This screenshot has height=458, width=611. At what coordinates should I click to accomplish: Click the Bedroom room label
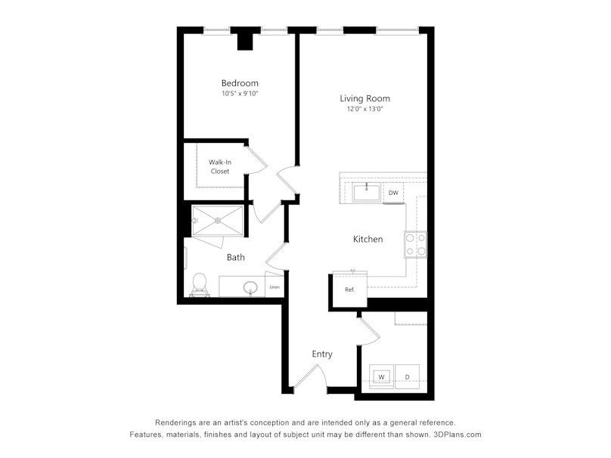[240, 83]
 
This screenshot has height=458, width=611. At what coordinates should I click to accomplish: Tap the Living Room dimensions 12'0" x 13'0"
[365, 109]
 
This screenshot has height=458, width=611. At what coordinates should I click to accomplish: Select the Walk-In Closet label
[220, 167]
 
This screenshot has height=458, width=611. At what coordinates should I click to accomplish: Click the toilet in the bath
[200, 284]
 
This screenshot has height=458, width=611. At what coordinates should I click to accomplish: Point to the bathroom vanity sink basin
[250, 288]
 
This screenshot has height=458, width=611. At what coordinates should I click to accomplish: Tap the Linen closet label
[274, 287]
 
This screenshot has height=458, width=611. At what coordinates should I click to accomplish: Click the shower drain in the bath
[218, 221]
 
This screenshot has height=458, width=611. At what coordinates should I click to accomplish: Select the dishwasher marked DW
[393, 193]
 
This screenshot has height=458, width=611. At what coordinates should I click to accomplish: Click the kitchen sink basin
[366, 193]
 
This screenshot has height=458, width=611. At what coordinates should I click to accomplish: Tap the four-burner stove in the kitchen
[415, 244]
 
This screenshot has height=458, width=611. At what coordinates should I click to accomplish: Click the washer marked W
[381, 376]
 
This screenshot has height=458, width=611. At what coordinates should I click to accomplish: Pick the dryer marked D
[407, 376]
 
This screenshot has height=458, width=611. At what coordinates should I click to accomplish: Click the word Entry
[322, 354]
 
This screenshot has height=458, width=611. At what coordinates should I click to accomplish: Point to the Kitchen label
[368, 239]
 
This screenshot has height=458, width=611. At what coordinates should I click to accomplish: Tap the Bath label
[236, 257]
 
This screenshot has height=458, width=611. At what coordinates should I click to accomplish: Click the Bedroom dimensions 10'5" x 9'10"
[240, 94]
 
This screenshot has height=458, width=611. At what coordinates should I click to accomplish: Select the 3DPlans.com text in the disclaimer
[457, 435]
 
